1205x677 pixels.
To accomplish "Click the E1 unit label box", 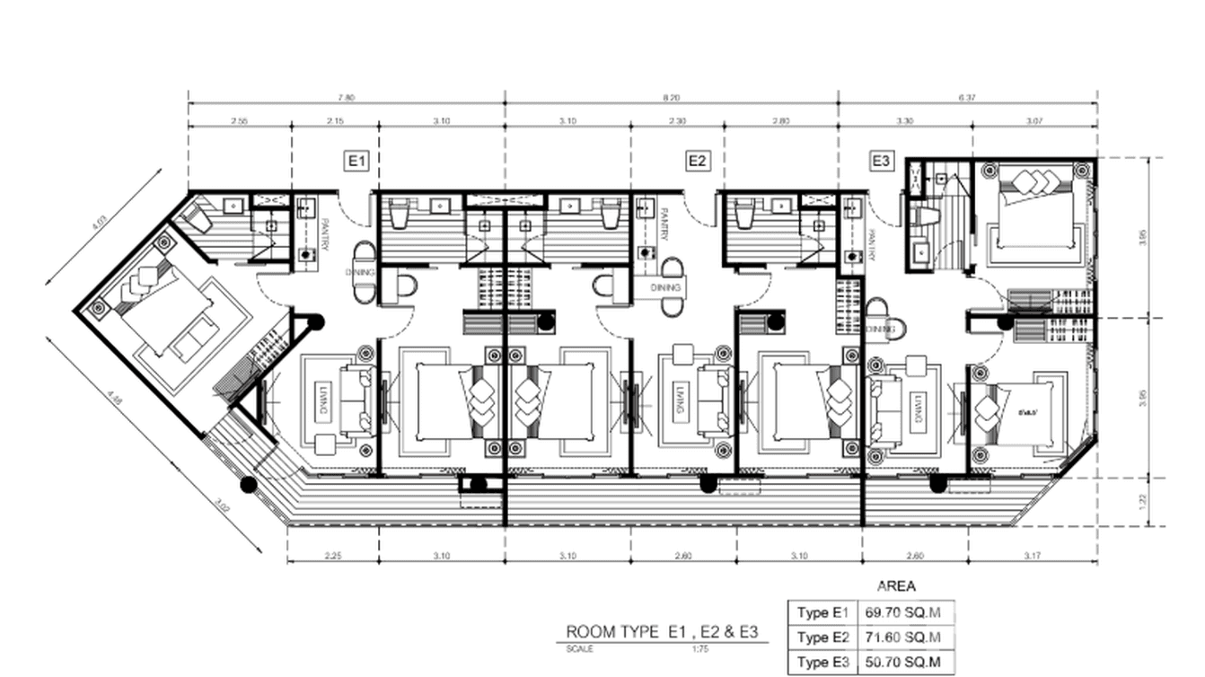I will tap(357, 161).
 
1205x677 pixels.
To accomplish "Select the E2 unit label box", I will tap(698, 161).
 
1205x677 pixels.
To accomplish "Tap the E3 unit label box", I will tap(882, 161).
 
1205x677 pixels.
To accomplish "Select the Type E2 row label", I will tap(822, 637).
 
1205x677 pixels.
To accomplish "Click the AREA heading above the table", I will tap(896, 586).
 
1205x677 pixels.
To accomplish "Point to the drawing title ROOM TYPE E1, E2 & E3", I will tap(662, 631).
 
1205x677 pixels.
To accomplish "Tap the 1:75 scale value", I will tap(700, 647).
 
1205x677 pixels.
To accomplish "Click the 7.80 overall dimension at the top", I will tap(346, 97).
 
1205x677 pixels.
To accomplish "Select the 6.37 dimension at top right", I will tap(967, 97).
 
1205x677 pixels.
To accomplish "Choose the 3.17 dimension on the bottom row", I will tap(1033, 556).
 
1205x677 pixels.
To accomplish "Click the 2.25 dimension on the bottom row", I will tap(332, 556).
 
